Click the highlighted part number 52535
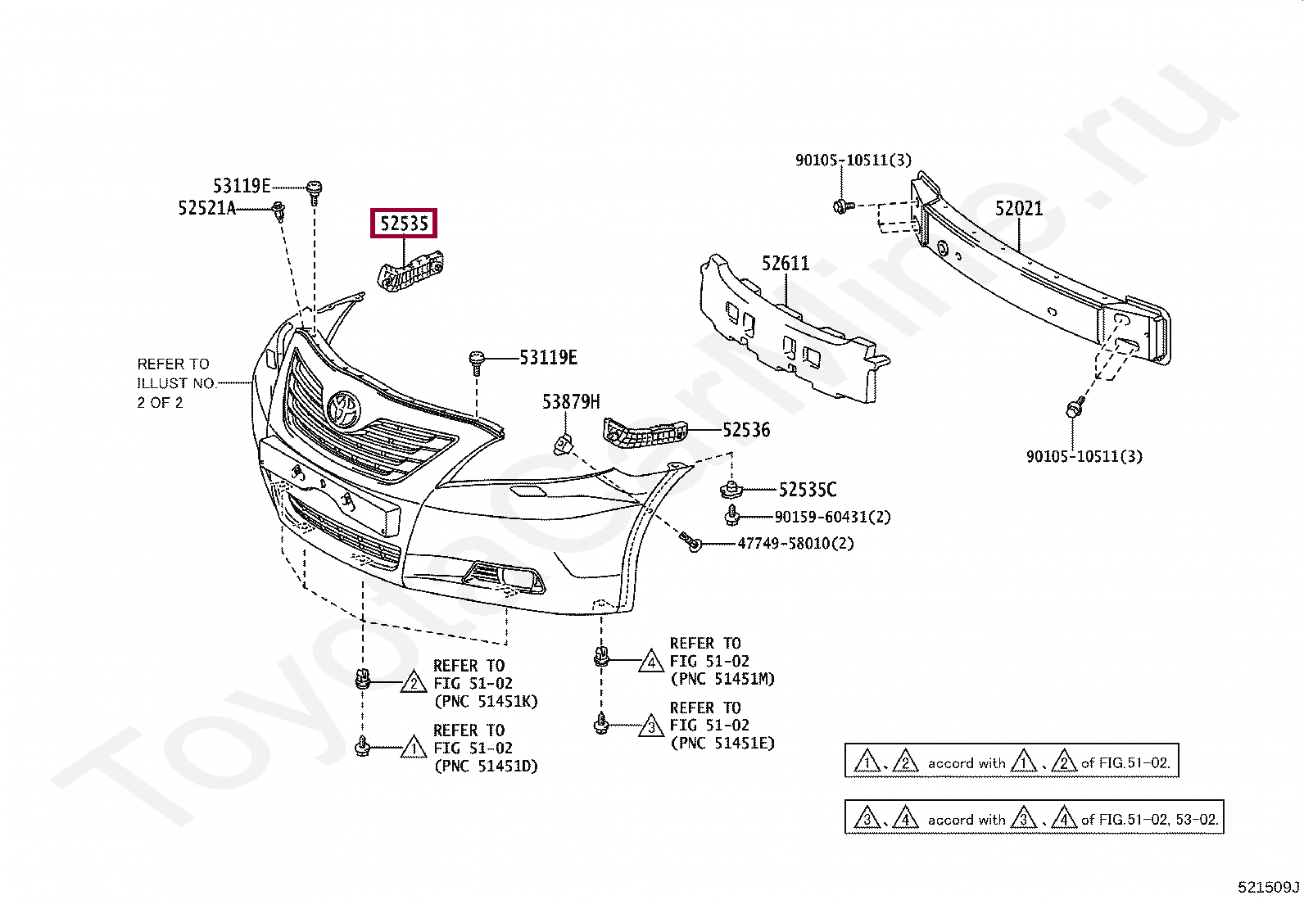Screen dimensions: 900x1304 tap(404, 224)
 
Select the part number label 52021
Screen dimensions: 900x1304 tap(1019, 209)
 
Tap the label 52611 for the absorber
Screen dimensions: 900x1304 tap(785, 264)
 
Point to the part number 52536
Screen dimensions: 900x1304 tap(746, 430)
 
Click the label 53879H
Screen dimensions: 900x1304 tap(570, 402)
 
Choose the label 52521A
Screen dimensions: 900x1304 tap(206, 209)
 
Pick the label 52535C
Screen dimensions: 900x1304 tap(807, 490)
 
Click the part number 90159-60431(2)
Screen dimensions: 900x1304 tap(832, 517)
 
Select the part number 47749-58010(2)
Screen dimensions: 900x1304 tap(795, 544)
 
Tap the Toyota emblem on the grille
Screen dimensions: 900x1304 tap(343, 409)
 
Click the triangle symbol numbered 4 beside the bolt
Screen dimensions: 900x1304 tap(651, 661)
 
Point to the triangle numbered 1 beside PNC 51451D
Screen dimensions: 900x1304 tap(414, 748)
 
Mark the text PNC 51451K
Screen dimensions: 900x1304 tap(485, 701)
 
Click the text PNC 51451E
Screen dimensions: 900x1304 tap(722, 744)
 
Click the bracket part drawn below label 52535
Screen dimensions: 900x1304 tap(410, 271)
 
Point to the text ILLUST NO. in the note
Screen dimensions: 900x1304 tap(176, 383)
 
